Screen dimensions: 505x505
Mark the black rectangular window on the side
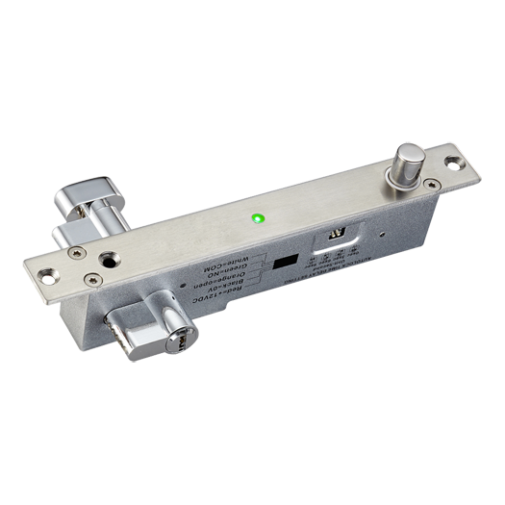point(284,263)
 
